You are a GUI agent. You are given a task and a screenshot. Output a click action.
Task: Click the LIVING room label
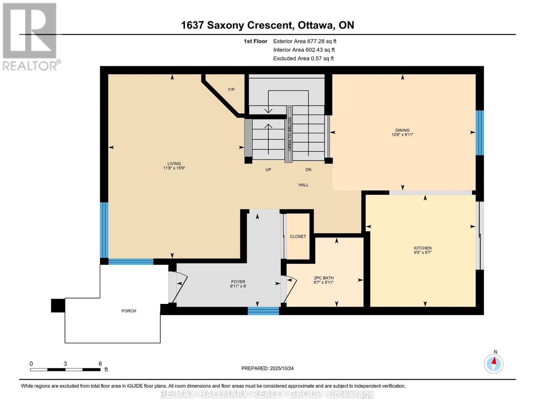(x=174, y=163)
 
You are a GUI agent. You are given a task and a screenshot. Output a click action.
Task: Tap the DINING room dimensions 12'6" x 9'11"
(x=402, y=135)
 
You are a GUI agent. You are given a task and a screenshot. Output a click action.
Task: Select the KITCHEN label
(x=422, y=248)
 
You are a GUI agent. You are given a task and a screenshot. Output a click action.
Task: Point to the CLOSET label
(x=298, y=236)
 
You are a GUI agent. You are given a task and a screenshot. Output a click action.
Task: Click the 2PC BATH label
(x=323, y=278)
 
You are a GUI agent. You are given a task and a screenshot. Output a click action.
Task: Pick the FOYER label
(x=238, y=282)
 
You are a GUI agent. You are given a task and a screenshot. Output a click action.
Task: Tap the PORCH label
(x=129, y=311)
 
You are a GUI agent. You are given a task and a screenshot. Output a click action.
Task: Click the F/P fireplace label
(x=232, y=89)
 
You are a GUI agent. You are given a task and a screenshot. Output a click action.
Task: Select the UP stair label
(x=268, y=169)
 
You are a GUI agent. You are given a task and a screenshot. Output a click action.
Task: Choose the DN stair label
(x=308, y=169)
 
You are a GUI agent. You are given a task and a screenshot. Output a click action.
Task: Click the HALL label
(x=303, y=185)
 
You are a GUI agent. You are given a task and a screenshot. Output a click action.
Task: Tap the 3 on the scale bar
(x=65, y=364)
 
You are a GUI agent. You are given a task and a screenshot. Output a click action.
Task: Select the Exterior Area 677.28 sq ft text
(x=305, y=41)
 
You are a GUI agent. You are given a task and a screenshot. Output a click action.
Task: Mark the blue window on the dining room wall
(x=480, y=133)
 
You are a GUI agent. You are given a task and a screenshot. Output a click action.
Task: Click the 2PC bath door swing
(x=289, y=290)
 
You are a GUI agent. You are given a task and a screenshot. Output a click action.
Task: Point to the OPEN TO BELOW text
(x=289, y=134)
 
